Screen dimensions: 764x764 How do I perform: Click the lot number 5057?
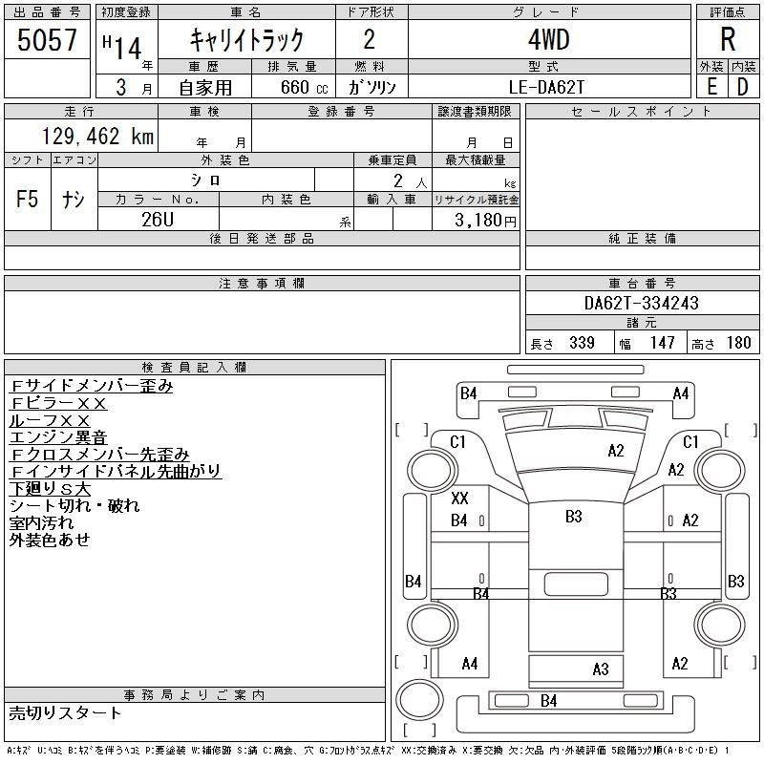pyautogui.click(x=47, y=40)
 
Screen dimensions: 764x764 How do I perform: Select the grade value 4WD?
pyautogui.click(x=548, y=39)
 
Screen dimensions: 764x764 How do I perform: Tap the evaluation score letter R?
pyautogui.click(x=728, y=39)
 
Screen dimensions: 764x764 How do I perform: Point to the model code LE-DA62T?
pyautogui.click(x=546, y=87)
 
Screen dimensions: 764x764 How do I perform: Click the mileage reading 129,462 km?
pyautogui.click(x=97, y=136)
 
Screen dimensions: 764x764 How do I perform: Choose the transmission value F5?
pyautogui.click(x=27, y=199)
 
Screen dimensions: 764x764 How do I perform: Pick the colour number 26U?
pyautogui.click(x=158, y=220)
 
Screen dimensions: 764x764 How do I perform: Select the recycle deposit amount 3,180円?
pyautogui.click(x=485, y=221)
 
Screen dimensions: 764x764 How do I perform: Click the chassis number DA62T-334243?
pyautogui.click(x=642, y=303)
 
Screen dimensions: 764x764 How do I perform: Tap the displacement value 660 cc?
pyautogui.click(x=304, y=88)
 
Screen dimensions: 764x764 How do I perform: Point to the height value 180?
pyautogui.click(x=738, y=343)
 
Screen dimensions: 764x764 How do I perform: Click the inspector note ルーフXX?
pyautogui.click(x=50, y=420)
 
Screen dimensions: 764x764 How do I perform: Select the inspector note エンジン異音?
pyautogui.click(x=58, y=437)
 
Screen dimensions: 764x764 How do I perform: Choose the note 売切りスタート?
pyautogui.click(x=65, y=713)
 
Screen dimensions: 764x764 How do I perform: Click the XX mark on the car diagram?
pyautogui.click(x=459, y=498)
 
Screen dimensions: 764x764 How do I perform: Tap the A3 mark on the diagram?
pyautogui.click(x=601, y=669)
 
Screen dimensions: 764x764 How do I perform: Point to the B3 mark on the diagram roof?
pyautogui.click(x=574, y=517)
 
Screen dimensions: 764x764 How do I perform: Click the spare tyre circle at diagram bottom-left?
pyautogui.click(x=419, y=699)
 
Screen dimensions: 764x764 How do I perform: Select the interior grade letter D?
pyautogui.click(x=743, y=87)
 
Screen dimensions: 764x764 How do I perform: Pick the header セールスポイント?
pyautogui.click(x=642, y=112)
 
